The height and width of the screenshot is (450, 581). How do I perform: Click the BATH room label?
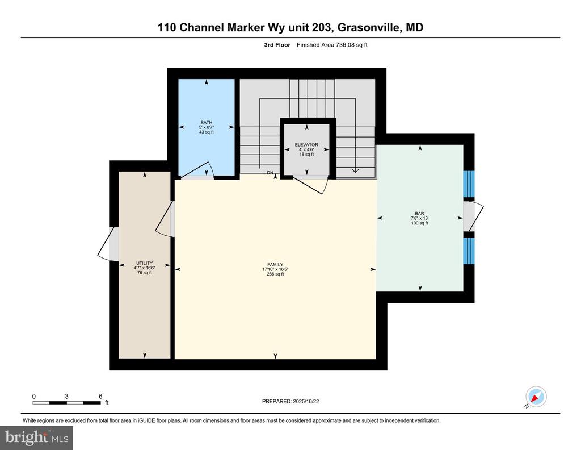pos(206,122)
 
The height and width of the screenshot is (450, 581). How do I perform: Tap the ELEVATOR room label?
pos(307,145)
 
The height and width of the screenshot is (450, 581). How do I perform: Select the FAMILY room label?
pos(275,265)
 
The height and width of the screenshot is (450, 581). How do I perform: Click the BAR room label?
pos(419,214)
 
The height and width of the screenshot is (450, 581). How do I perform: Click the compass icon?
pos(535,397)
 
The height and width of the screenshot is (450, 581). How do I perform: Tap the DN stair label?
pos(271,173)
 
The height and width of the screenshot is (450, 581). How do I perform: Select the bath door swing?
pos(199,170)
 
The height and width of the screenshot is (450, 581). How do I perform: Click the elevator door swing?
pos(313,184)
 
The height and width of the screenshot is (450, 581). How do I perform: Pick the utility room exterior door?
pos(108,244)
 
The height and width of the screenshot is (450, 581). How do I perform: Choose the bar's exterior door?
pos(474,216)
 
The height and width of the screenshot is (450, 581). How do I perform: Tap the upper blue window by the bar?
pos(469,183)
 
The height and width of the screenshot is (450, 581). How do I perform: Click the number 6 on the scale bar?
pos(100,396)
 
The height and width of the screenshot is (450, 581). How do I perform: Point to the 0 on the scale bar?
pos(34,396)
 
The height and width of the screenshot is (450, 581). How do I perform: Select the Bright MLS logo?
pos(36,438)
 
